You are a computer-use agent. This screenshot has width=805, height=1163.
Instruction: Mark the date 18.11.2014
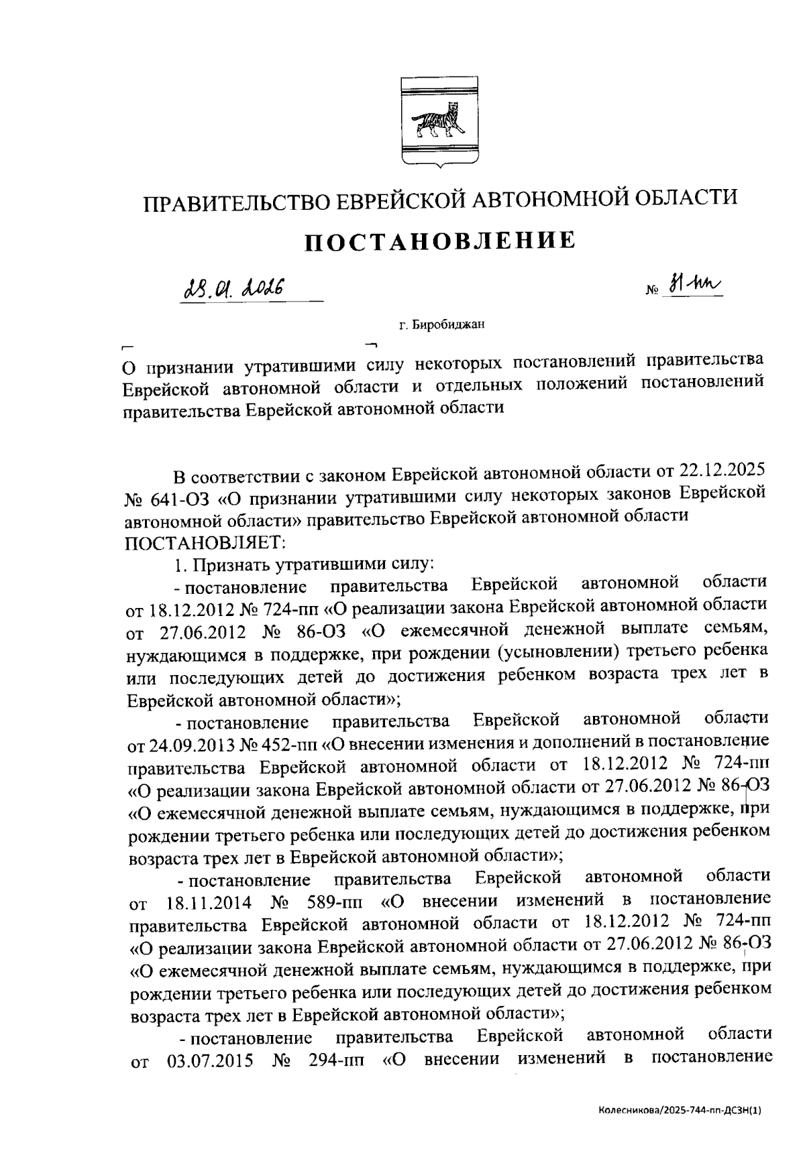point(209,902)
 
